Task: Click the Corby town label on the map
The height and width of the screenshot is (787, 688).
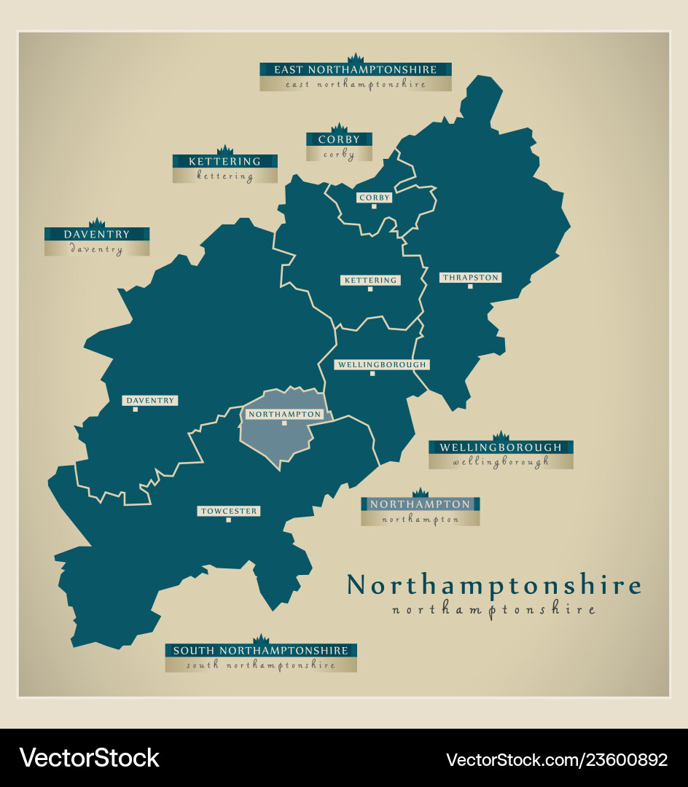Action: [375, 197]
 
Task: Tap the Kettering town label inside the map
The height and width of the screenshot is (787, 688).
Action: [370, 280]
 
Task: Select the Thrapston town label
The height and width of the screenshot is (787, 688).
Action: [470, 277]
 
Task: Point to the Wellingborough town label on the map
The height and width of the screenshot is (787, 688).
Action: [381, 364]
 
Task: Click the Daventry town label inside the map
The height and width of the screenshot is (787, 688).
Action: [150, 400]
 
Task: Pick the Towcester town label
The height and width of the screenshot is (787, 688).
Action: [229, 511]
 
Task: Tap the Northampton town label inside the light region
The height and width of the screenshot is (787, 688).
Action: [284, 414]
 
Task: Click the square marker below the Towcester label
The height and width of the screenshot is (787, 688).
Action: [228, 520]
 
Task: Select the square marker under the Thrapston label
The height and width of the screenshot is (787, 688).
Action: [470, 286]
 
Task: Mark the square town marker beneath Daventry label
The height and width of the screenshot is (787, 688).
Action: [135, 410]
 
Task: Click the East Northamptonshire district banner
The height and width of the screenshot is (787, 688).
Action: [356, 70]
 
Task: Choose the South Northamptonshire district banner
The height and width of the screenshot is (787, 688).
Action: [261, 650]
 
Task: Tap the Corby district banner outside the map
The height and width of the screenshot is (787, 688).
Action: [339, 140]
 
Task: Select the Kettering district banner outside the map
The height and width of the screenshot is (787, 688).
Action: [224, 162]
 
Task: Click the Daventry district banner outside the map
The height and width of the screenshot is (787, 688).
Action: [97, 235]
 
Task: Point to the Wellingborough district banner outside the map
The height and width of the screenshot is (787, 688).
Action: [501, 447]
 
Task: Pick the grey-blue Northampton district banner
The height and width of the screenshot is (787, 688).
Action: [420, 504]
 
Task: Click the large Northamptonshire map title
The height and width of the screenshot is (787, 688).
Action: [494, 586]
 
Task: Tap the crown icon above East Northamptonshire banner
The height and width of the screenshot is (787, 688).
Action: [356, 58]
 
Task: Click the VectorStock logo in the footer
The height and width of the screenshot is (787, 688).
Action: [90, 758]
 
